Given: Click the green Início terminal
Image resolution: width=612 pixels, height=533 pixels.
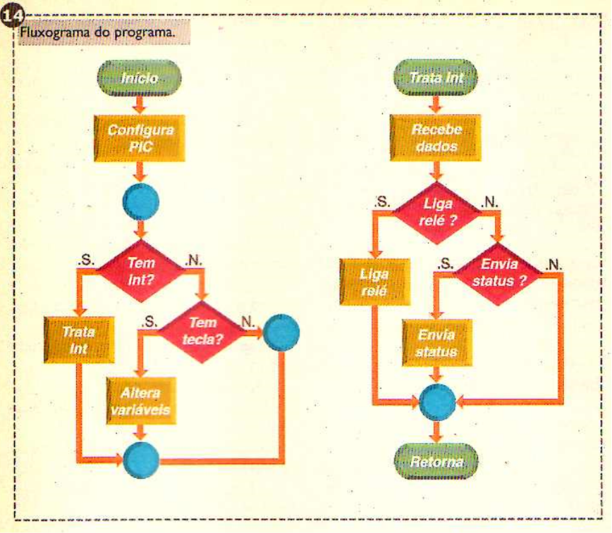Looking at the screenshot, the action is tap(140, 78).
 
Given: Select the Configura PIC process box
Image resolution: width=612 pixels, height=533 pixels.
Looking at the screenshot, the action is tap(140, 139).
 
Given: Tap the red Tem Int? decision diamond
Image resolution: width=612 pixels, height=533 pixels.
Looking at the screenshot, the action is tap(140, 271).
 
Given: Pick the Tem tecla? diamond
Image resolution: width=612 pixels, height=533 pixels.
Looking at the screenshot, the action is tap(202, 332).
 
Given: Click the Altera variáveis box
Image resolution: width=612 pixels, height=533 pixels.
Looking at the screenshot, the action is tap(140, 401).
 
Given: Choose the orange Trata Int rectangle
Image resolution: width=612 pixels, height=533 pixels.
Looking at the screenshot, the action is tap(79, 340).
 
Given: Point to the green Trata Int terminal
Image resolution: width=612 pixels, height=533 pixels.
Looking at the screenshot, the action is tap(436, 77).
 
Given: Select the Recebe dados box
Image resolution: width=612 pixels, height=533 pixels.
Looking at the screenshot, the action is tap(436, 138).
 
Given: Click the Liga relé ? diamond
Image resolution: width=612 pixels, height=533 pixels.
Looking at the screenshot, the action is tap(436, 213).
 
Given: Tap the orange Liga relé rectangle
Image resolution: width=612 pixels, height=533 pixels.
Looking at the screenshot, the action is tap(374, 282).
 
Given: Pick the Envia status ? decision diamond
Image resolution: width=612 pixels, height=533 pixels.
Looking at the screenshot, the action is tap(498, 273).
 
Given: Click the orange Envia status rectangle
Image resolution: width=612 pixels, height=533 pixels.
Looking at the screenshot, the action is tap(436, 343).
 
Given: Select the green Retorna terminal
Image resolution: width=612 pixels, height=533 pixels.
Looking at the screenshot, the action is tap(436, 462).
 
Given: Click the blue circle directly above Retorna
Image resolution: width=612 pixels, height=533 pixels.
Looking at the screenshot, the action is tap(437, 402).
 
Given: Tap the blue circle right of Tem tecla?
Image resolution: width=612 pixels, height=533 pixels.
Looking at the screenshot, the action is tap(281, 332).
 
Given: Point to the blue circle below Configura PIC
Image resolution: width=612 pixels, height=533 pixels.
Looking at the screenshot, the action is tap(141, 201).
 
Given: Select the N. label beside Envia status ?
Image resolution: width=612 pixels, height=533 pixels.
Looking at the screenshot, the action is tap(553, 265).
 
